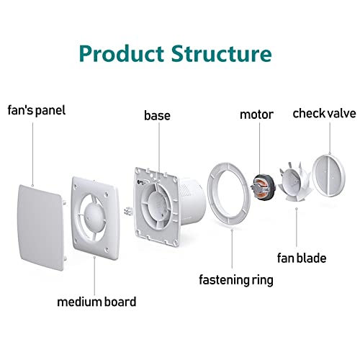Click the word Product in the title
122,53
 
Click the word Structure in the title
221,53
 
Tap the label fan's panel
37,110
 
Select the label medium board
96,302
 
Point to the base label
157,115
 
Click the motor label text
256,114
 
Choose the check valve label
324,113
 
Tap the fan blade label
302,258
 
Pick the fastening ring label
236,280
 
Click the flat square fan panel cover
41,228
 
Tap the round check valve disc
328,176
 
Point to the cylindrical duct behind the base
192,202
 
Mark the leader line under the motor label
259,148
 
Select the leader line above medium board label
94,276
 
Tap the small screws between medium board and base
127,210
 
